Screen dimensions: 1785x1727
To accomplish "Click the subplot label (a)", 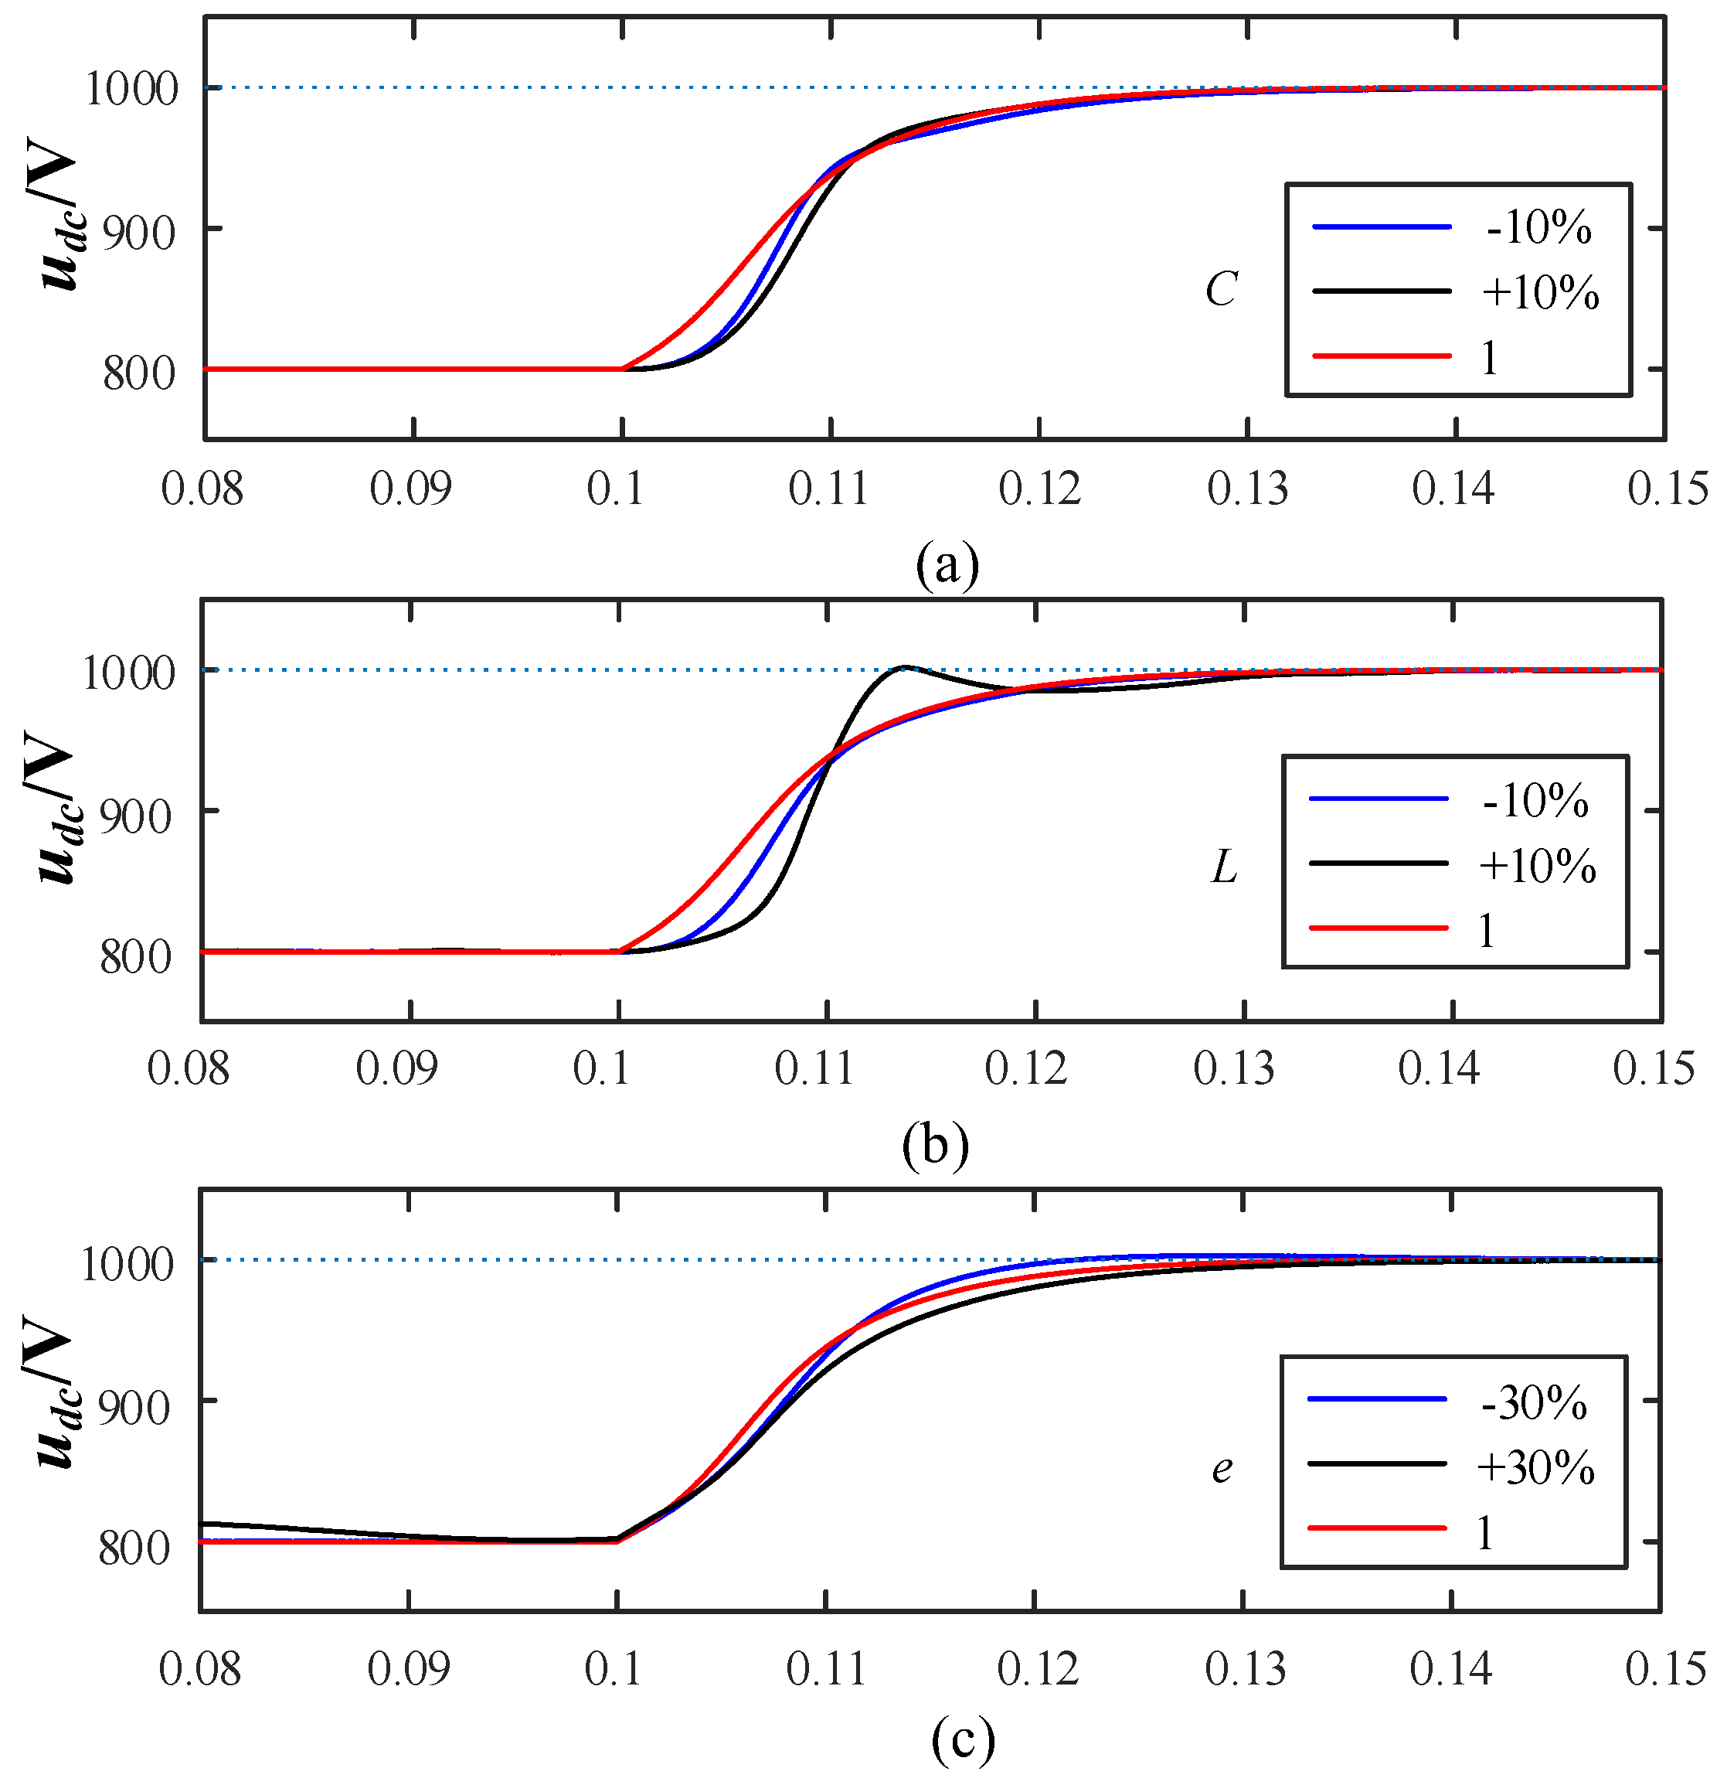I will pos(947,564).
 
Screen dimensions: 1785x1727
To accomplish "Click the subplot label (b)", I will pos(935,1145).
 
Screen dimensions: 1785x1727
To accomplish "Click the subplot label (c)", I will pos(962,1740).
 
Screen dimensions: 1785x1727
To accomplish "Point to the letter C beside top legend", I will pos(1221,291).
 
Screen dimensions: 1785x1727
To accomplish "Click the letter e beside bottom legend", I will pos(1222,1469).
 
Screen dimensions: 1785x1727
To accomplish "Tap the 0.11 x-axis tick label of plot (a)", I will pos(828,490).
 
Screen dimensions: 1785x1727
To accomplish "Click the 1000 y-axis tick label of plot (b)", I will pos(128,675).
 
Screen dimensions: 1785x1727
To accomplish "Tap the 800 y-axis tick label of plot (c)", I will pos(134,1548).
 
